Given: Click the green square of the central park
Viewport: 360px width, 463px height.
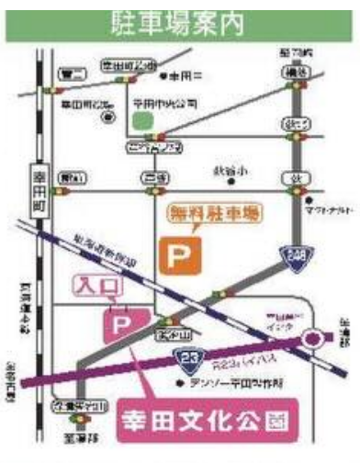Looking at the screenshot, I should [x=141, y=119].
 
